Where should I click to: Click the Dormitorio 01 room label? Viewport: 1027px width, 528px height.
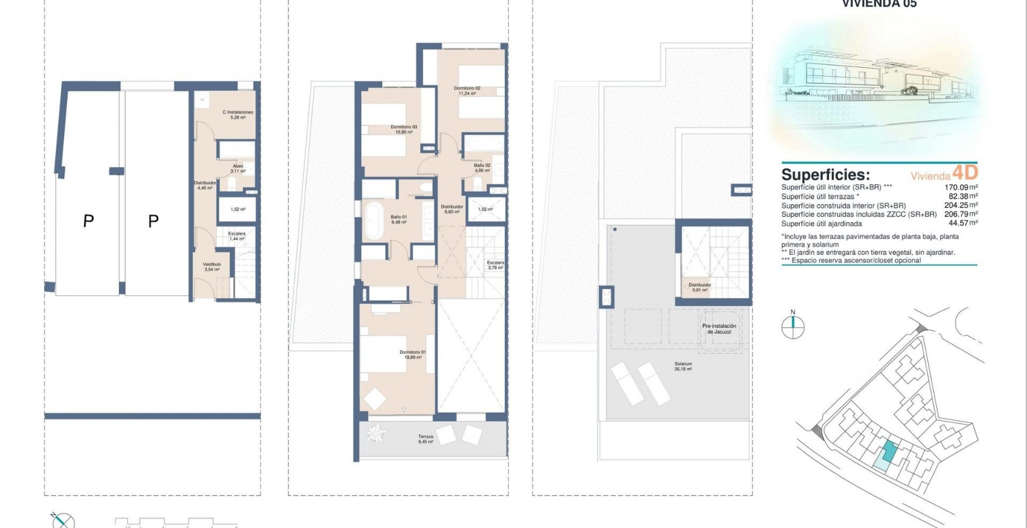point(412,354)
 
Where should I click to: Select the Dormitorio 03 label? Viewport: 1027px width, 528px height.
point(404,129)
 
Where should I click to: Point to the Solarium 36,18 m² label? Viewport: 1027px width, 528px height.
point(683,366)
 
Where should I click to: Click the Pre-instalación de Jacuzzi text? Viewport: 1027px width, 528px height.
point(719,329)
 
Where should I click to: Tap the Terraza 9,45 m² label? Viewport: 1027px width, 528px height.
point(426,439)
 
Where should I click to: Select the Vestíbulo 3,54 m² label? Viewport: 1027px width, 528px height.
point(212,266)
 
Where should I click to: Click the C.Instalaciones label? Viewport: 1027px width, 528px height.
point(238,115)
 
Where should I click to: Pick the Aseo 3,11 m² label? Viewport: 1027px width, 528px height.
point(238,168)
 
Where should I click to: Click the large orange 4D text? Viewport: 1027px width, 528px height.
point(965,172)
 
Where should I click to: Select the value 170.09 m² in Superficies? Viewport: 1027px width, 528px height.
point(961,188)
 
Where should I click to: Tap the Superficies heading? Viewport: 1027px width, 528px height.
point(825,174)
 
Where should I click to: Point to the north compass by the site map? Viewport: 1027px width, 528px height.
point(793,327)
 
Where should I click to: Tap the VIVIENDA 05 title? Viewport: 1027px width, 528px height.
point(879,4)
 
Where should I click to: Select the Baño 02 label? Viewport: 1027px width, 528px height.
point(482,168)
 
